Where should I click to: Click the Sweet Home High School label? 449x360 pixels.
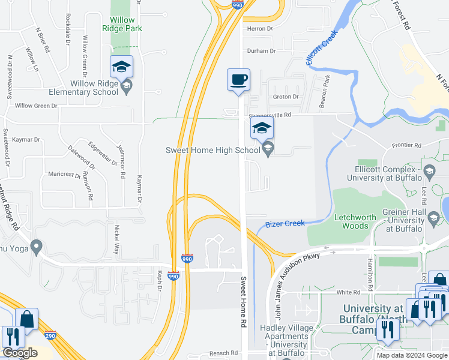point(212,150)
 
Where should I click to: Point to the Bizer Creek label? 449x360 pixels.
point(285,224)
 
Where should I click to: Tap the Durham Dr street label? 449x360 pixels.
point(261,52)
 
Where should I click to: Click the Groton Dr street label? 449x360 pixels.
point(286,97)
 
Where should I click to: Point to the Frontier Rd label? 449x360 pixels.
point(408,145)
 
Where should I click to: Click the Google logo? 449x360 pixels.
point(19,353)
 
